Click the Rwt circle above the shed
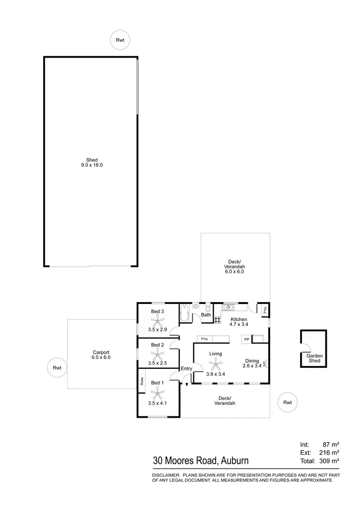click(120, 40)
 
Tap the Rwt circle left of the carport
click(57, 368)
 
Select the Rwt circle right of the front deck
click(288, 402)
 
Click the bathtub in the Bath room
click(185, 313)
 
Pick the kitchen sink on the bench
click(228, 307)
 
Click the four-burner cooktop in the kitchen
click(217, 318)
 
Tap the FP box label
click(247, 339)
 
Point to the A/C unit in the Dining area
click(264, 364)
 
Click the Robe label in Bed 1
click(142, 382)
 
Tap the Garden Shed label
click(313, 358)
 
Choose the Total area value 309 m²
click(330, 461)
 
